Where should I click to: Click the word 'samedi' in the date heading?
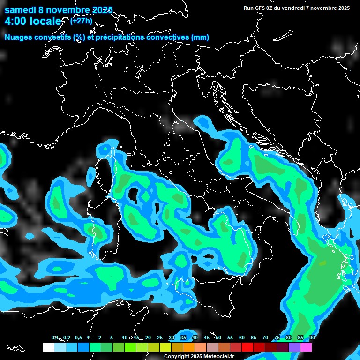click(x=21, y=10)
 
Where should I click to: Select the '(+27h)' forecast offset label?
click(x=81, y=21)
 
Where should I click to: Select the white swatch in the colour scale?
click(x=48, y=347)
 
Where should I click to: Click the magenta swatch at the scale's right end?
click(x=306, y=347)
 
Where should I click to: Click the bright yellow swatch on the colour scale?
click(x=165, y=347)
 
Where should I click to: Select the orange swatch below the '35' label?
click(x=189, y=347)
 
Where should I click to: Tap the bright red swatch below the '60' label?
click(x=247, y=347)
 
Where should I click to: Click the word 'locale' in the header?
click(x=45, y=22)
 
